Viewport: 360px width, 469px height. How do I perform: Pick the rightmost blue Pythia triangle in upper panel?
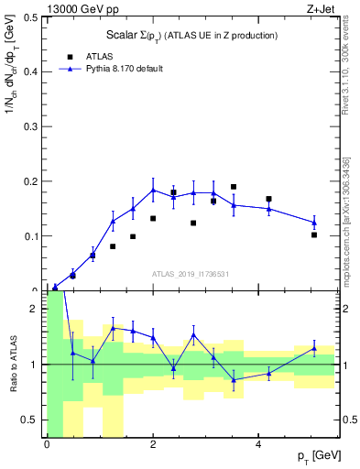[x=314, y=223]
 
